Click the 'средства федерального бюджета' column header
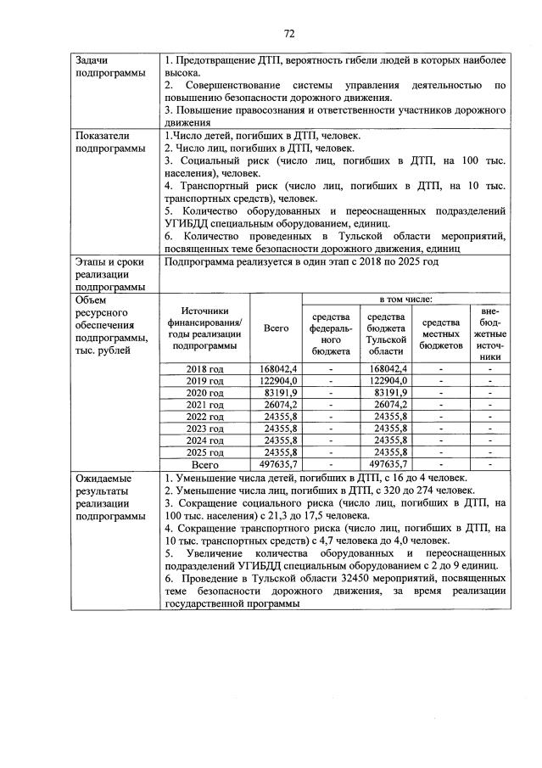[331, 334]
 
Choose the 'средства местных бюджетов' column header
[440, 334]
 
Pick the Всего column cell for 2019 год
[277, 380]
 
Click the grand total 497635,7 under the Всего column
[277, 465]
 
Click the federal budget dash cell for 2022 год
[331, 417]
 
